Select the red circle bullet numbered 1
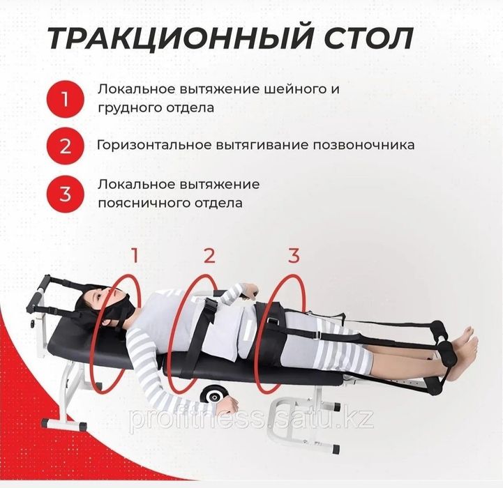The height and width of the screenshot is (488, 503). tap(65, 98)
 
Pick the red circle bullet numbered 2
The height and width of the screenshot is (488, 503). tap(65, 146)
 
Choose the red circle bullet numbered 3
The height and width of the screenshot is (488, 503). tap(65, 193)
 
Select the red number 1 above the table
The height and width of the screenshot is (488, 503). tap(135, 255)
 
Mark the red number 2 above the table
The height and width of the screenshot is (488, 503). tap(209, 255)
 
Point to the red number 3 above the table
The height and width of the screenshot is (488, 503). tap(294, 255)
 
